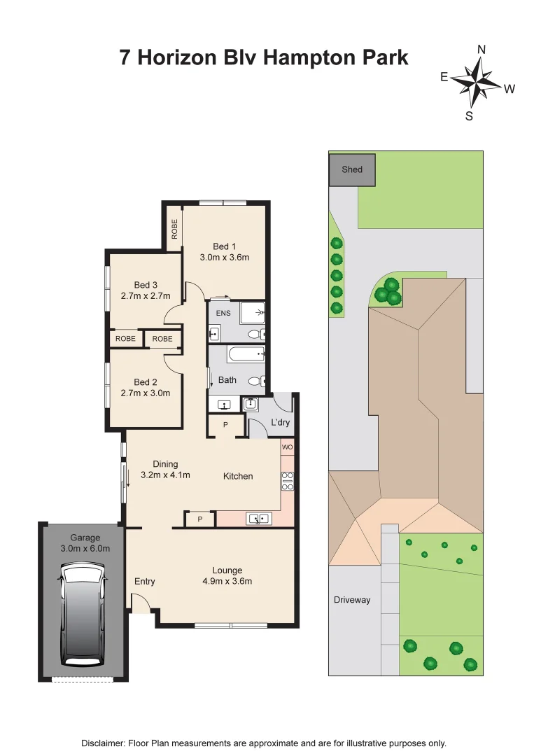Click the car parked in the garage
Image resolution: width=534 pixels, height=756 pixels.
[x=83, y=615]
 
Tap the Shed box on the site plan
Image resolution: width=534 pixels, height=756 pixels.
[x=352, y=169]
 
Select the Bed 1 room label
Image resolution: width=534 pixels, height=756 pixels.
[x=225, y=246]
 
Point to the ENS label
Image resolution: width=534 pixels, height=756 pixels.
[x=223, y=312]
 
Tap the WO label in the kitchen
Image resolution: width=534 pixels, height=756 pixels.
[x=287, y=447]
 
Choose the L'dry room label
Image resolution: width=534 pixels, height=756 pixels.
[x=280, y=423]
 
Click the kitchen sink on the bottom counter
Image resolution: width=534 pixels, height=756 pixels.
[x=259, y=519]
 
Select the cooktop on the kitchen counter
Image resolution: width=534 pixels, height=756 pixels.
[x=287, y=481]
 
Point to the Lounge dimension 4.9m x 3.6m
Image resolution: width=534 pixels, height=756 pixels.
[x=227, y=581]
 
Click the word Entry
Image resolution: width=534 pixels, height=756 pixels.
[x=145, y=582]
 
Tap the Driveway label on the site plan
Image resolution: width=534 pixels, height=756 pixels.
[x=352, y=600]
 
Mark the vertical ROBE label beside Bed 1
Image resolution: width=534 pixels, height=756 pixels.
[x=174, y=230]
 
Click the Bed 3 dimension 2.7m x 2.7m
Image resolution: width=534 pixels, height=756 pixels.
[x=146, y=295]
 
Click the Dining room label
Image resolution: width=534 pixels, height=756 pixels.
[x=165, y=464]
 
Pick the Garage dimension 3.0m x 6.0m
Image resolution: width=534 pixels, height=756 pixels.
[x=85, y=549]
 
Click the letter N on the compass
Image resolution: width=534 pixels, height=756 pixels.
[x=482, y=49]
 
